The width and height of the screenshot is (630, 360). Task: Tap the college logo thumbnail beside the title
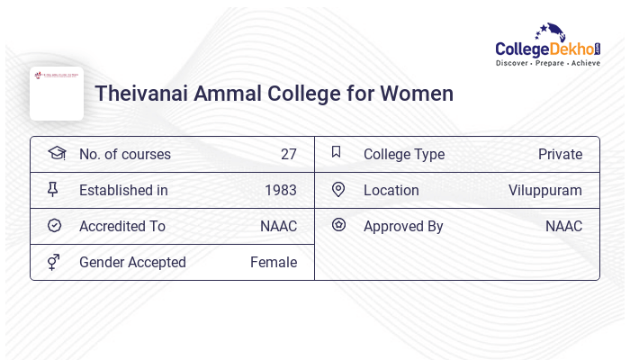point(57,93)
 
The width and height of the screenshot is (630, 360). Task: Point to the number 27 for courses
point(288,155)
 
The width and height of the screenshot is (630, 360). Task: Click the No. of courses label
point(124,155)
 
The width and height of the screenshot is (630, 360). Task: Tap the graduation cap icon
point(56,154)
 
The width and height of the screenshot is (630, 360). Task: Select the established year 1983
point(280,191)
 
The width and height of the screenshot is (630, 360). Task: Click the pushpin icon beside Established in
point(53,190)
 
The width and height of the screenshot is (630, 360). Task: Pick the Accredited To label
point(121,227)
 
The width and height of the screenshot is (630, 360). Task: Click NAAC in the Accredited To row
point(278,227)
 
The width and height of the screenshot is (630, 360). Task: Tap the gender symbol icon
point(54,262)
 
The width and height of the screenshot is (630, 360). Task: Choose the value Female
point(273,263)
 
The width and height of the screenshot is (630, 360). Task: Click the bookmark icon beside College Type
point(337,153)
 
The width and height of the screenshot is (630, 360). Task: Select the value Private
point(560,155)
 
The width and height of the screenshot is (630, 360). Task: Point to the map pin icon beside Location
point(338,190)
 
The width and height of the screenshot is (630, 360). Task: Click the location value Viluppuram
point(544,191)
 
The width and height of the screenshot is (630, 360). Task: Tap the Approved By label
point(403,227)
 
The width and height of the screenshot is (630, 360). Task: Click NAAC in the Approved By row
point(563,227)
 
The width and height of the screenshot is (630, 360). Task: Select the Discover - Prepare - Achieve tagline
point(547,63)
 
